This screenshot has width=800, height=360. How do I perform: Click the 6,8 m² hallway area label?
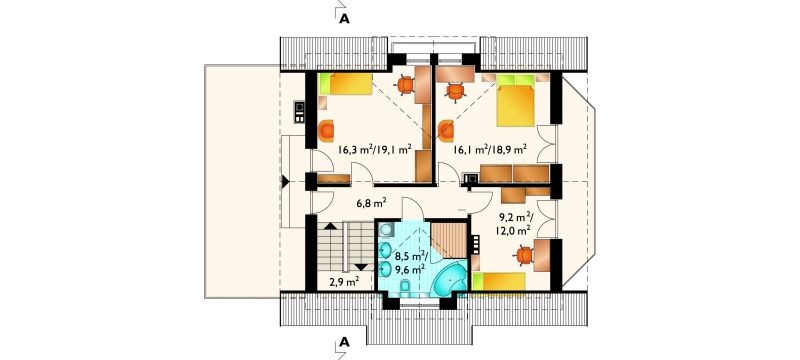[x=370, y=204]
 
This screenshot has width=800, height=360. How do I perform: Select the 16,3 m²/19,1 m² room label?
[x=374, y=149]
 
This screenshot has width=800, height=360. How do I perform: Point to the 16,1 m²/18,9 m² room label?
[x=490, y=149]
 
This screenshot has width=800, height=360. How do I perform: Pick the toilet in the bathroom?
[x=405, y=288]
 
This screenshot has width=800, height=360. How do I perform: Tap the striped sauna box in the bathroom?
[x=449, y=240]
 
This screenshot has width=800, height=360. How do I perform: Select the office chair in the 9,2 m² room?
[x=524, y=255]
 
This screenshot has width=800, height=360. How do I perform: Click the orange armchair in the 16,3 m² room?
[x=326, y=131]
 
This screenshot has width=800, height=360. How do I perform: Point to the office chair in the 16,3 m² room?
[x=406, y=85]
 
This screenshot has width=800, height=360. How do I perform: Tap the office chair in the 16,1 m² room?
[x=455, y=92]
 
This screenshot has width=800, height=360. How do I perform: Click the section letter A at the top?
[x=344, y=19]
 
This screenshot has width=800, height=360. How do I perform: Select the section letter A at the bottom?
[x=344, y=342]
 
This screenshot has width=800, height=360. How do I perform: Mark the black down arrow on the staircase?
[x=361, y=267]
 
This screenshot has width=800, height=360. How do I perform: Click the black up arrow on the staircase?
[x=331, y=226]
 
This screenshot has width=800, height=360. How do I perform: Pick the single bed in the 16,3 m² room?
[x=345, y=84]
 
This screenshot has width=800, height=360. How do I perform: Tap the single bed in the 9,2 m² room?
[x=499, y=282]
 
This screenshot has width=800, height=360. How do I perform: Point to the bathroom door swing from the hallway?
[x=413, y=208]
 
